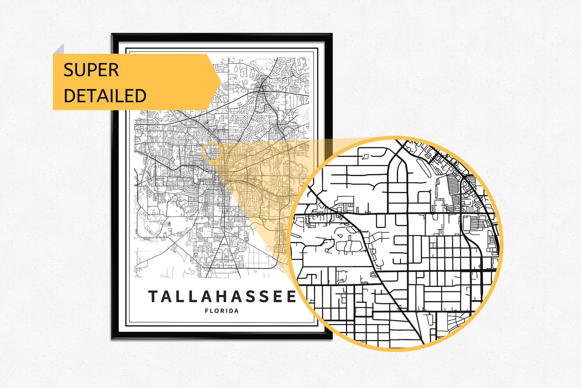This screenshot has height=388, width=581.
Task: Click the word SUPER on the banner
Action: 91,70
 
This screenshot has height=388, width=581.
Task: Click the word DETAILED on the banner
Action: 104,95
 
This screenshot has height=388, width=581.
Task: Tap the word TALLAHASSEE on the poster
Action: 222,296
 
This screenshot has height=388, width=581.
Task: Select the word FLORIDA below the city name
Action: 221,310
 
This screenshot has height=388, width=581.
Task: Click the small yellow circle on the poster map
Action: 212,152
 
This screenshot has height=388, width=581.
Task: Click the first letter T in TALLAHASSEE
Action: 153,296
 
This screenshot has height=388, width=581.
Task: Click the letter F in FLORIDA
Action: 206,310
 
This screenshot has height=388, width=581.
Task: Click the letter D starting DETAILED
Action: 69,95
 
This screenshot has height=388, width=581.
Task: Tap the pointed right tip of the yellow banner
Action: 220,82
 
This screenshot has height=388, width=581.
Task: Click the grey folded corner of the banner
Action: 59,49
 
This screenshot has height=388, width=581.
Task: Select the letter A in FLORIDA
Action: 236,310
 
